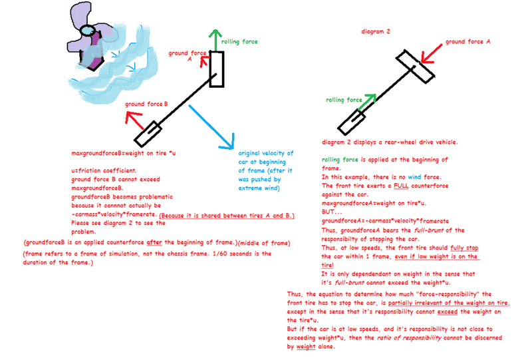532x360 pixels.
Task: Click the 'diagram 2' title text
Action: point(376,32)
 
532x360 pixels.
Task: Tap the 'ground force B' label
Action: point(146,104)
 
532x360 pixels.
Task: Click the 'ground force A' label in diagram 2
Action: point(468,41)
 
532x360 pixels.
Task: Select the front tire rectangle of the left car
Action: point(217,68)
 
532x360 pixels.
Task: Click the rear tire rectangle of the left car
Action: point(147,134)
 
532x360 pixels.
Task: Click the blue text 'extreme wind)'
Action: point(259,188)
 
